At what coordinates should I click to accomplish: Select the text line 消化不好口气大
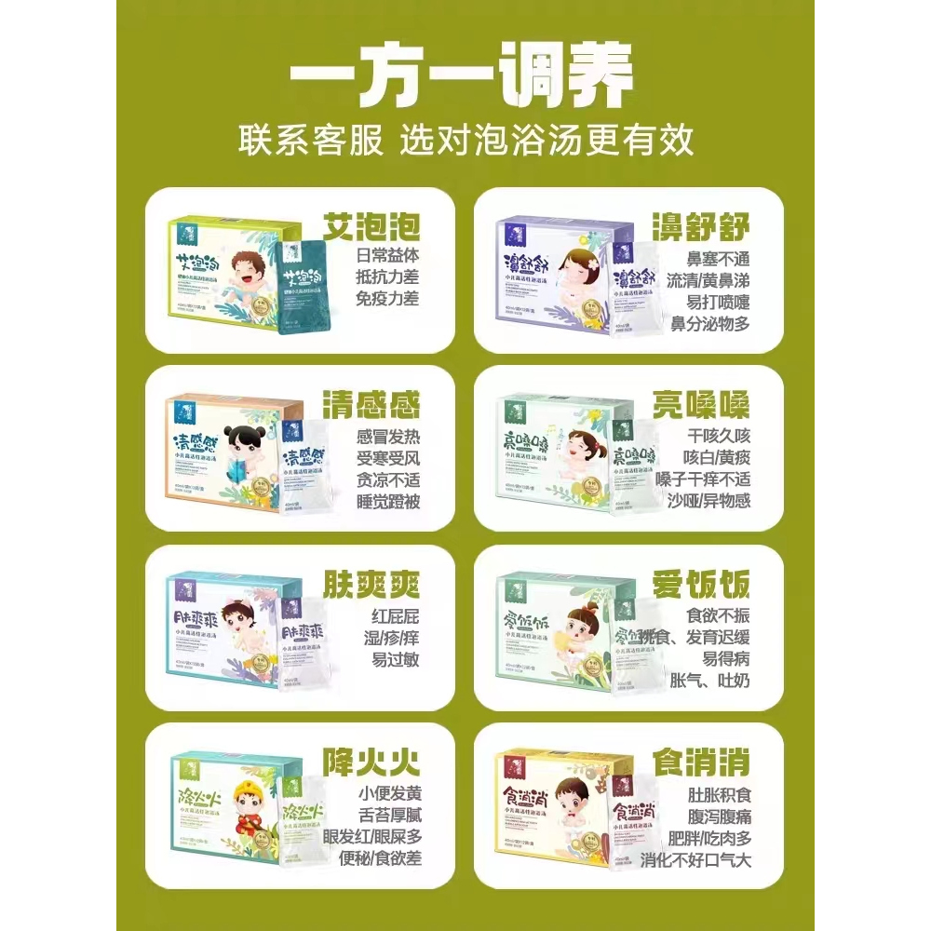click(695, 859)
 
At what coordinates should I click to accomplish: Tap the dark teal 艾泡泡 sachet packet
click(306, 284)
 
